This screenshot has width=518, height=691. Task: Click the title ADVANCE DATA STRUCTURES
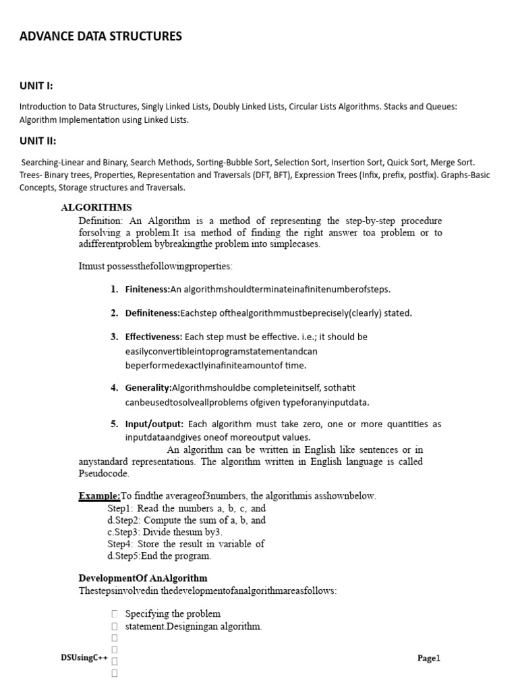(100, 36)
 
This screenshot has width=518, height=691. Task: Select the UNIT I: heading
(36, 86)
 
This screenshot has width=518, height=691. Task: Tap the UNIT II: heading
(38, 141)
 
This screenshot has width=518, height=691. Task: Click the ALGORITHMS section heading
(96, 207)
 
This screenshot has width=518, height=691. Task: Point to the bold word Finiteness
(147, 289)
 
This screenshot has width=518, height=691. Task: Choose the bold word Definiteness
(152, 313)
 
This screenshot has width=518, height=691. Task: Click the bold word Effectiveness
(154, 337)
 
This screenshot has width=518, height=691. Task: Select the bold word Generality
(148, 387)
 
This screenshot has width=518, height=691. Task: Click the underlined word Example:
(99, 496)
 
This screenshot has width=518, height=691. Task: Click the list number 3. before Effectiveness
(115, 337)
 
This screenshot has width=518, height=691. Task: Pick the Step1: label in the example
(121, 508)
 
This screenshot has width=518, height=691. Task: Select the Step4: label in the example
(121, 544)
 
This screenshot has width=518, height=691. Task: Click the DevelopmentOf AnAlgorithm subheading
(143, 578)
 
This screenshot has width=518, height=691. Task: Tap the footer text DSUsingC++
(84, 658)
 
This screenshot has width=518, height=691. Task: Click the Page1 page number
(428, 659)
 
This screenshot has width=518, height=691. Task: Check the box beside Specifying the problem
(115, 614)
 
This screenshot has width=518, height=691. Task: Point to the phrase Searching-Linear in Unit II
(53, 163)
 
